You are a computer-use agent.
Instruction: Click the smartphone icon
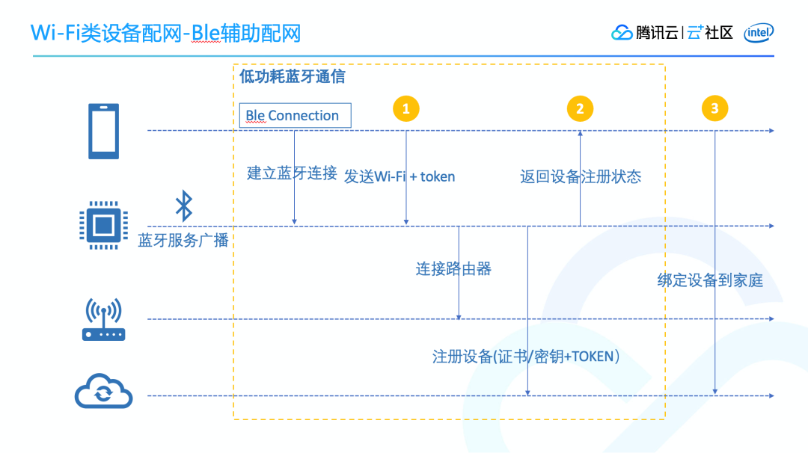(104, 131)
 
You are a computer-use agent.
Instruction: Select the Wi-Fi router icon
(103, 320)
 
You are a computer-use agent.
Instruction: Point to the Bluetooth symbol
(183, 206)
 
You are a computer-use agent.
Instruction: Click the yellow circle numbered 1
(405, 108)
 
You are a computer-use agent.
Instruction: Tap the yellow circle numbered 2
(580, 108)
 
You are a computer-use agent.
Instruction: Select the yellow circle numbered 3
(714, 108)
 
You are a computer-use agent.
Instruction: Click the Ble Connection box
(296, 116)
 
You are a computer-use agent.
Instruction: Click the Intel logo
(759, 33)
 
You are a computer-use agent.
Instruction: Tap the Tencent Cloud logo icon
(622, 33)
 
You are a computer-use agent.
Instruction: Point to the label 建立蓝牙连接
(292, 174)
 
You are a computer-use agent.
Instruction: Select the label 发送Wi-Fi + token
(400, 176)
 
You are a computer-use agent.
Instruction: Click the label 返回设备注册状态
(581, 176)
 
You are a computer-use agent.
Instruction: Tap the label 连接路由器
(453, 268)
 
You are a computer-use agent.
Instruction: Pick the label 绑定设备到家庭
(710, 280)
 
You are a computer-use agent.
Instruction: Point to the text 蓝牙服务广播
(183, 241)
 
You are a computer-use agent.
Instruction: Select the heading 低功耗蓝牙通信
(292, 77)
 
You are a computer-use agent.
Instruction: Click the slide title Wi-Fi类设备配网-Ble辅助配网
(165, 34)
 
